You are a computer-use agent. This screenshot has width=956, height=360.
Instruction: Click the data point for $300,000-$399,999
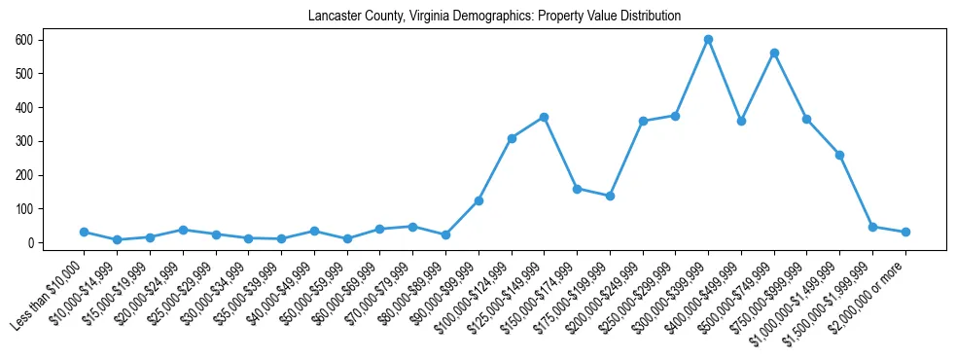[x=709, y=40]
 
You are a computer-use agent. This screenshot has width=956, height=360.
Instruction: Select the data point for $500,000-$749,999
[x=774, y=53]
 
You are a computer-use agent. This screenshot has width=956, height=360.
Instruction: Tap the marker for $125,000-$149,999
[x=545, y=117]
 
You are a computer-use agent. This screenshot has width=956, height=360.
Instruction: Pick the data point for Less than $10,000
[x=85, y=232]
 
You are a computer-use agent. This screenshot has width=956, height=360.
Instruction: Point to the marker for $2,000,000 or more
[x=905, y=232]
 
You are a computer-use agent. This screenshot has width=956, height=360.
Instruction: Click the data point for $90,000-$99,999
[x=478, y=200]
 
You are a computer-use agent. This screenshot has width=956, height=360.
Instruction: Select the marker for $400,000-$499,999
[x=741, y=121]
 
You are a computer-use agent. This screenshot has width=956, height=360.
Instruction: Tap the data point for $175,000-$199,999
[x=610, y=196]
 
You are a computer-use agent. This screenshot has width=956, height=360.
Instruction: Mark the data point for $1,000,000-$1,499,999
[x=839, y=155]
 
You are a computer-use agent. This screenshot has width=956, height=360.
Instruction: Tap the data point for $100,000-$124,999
[x=512, y=138]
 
